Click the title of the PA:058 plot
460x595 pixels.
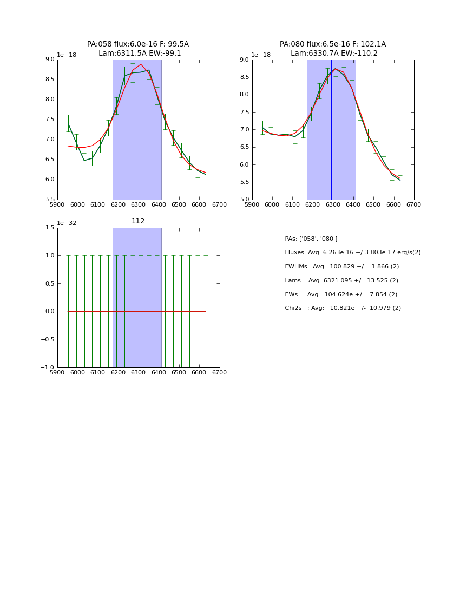tap(138, 49)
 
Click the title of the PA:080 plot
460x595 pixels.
tap(333, 49)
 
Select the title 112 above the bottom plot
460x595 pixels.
tap(138, 221)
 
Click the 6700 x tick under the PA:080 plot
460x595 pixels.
tap(414, 205)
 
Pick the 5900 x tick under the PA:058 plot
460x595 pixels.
tap(57, 205)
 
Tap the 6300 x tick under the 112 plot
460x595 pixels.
tap(138, 373)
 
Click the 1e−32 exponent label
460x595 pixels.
tap(67, 223)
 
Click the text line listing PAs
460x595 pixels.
tap(311, 239)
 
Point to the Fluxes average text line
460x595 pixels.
tap(352, 253)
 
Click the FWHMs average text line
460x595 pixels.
tap(341, 267)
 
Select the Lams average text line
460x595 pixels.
tap(341, 281)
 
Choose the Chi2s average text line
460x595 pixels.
tap(343, 308)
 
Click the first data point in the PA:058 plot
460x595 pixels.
tap(68, 123)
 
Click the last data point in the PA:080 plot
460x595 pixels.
tap(400, 180)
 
